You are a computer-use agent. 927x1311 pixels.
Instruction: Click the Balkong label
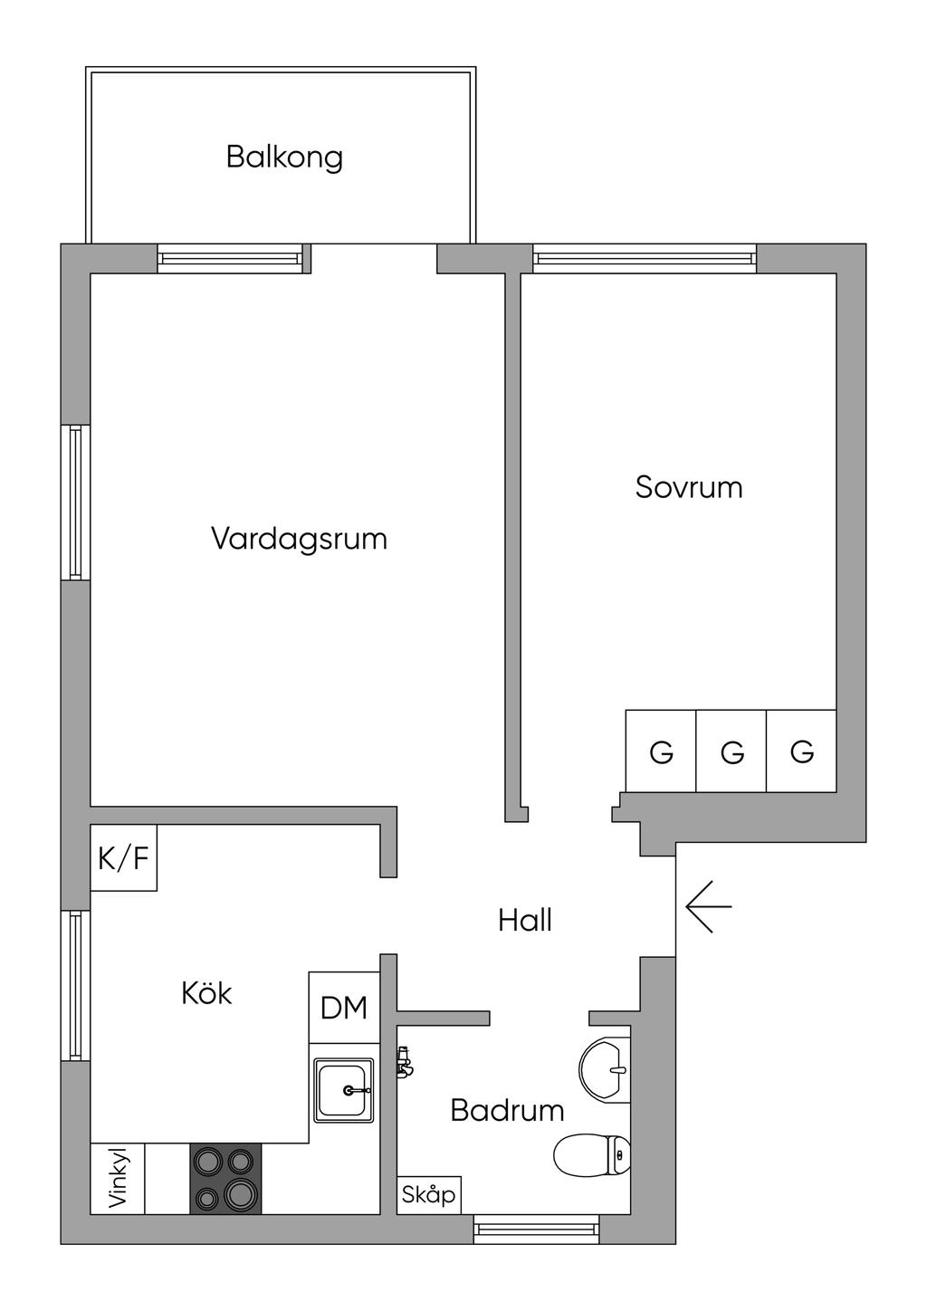pyautogui.click(x=284, y=157)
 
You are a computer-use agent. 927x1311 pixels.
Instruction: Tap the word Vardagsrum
pyautogui.click(x=299, y=539)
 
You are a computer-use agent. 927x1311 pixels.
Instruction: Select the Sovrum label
pyautogui.click(x=689, y=487)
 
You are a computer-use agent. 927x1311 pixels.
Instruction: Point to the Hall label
pyautogui.click(x=525, y=921)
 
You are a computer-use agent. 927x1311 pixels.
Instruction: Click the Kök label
pyautogui.click(x=206, y=993)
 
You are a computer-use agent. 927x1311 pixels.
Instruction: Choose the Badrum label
pyautogui.click(x=507, y=1110)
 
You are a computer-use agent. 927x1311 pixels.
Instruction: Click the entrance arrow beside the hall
pyautogui.click(x=708, y=905)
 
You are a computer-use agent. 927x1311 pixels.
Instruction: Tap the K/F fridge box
pyautogui.click(x=123, y=857)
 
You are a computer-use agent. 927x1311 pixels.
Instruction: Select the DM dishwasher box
pyautogui.click(x=344, y=1007)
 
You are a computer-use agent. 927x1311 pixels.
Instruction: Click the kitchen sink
pyautogui.click(x=344, y=1090)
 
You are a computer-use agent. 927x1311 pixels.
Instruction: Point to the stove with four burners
pyautogui.click(x=225, y=1178)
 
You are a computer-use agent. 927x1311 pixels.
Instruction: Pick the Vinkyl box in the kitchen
pyautogui.click(x=118, y=1178)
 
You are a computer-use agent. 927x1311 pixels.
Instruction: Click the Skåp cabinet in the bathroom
pyautogui.click(x=428, y=1194)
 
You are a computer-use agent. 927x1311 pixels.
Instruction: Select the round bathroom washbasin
pyautogui.click(x=605, y=1069)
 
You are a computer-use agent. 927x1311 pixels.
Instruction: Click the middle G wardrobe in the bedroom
pyautogui.click(x=731, y=751)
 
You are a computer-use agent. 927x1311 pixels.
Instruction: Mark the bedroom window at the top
pyautogui.click(x=645, y=258)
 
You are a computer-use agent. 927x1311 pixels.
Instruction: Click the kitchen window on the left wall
pyautogui.click(x=76, y=985)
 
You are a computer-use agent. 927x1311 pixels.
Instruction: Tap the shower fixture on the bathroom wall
pyautogui.click(x=404, y=1061)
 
